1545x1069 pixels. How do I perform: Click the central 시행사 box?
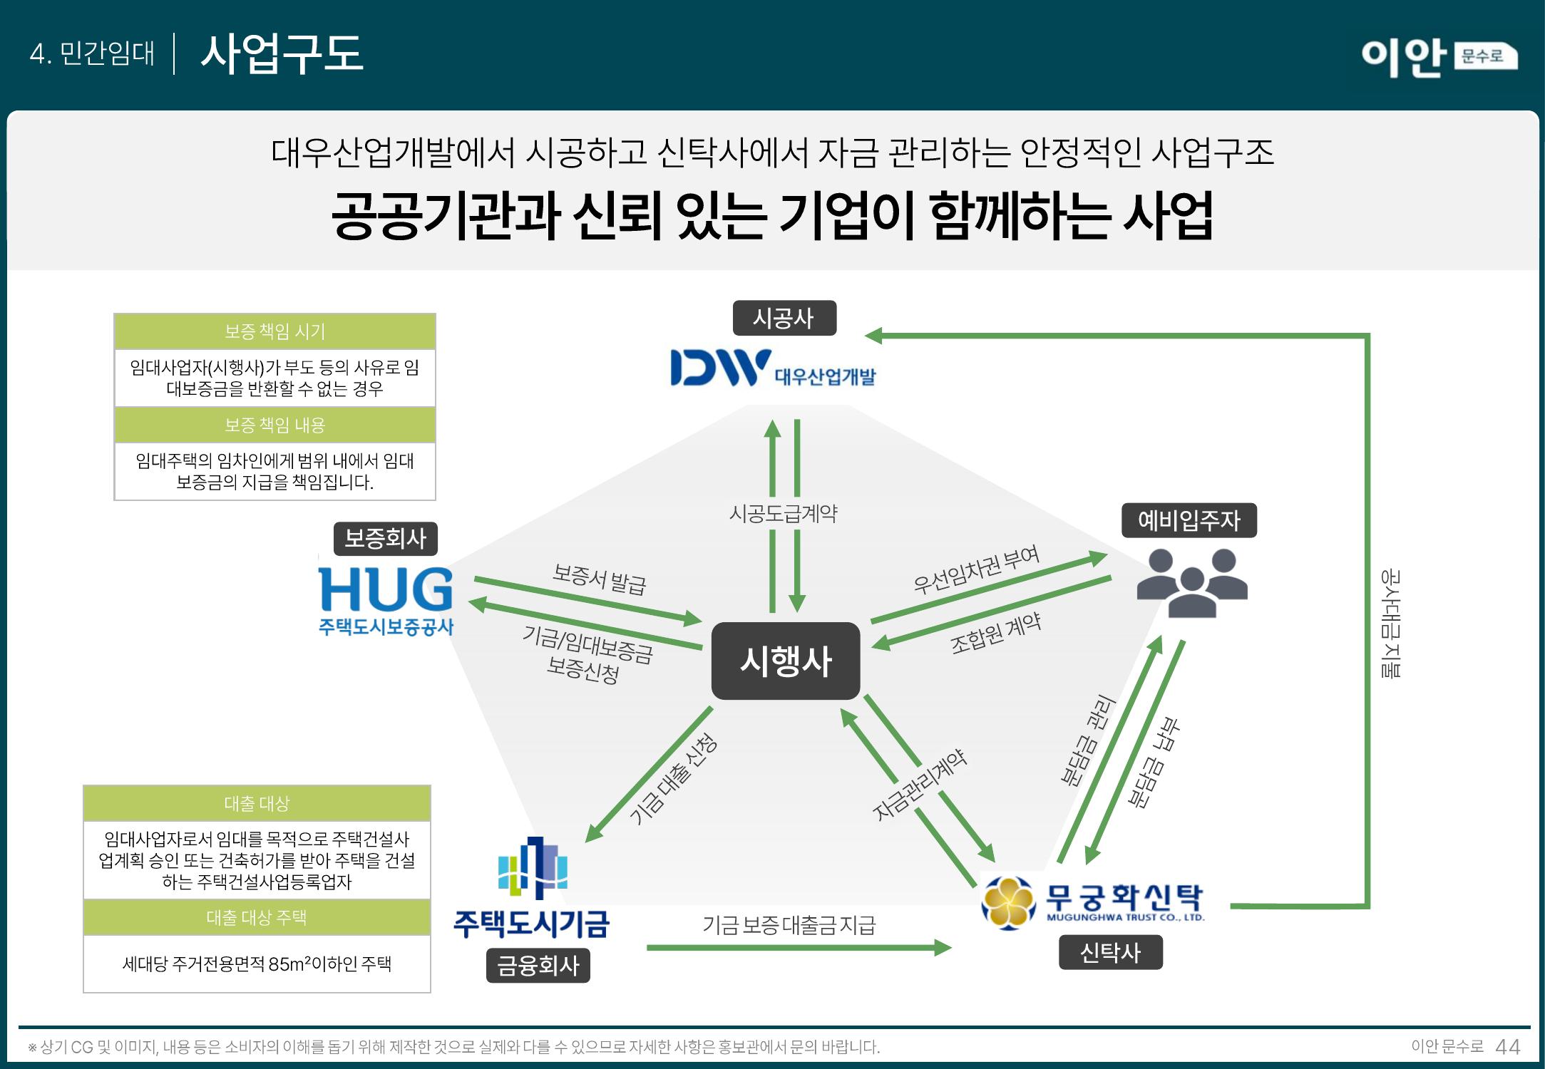click(x=786, y=661)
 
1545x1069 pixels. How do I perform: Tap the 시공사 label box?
click(x=784, y=318)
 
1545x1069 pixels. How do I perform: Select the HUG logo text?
click(x=386, y=589)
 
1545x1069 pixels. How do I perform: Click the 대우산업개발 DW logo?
click(x=720, y=368)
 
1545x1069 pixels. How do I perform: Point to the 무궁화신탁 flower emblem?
click(x=1007, y=903)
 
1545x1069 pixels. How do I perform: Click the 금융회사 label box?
click(x=538, y=966)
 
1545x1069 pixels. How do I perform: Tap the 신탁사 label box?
click(x=1110, y=952)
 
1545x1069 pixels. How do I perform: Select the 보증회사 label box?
click(x=385, y=538)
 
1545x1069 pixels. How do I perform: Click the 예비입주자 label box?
click(x=1189, y=520)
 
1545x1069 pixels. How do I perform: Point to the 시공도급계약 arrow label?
click(x=783, y=514)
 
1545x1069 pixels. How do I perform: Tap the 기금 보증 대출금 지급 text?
click(x=789, y=925)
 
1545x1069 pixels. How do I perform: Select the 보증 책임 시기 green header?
click(x=274, y=331)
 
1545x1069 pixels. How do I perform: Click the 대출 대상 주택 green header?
click(x=257, y=917)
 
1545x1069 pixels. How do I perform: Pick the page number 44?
click(x=1507, y=1047)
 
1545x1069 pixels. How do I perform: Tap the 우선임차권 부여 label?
click(x=976, y=570)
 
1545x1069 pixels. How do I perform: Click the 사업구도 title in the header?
click(x=282, y=53)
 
